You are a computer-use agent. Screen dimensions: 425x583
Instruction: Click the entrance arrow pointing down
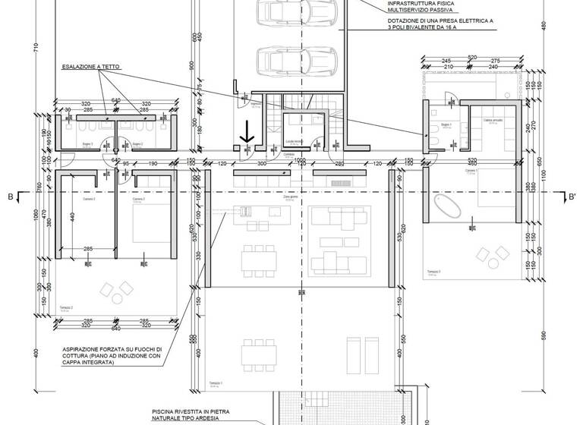(247, 134)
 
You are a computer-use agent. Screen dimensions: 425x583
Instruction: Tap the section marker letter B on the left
(10, 197)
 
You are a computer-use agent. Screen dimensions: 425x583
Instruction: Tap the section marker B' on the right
(572, 197)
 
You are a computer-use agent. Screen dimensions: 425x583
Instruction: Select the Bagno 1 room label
(446, 124)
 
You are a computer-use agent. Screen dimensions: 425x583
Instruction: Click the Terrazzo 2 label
(67, 308)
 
